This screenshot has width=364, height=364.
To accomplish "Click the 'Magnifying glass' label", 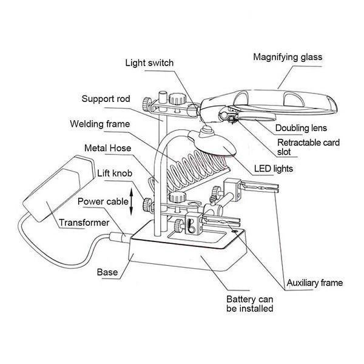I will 287,58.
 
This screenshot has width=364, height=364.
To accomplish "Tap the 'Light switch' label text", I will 150,62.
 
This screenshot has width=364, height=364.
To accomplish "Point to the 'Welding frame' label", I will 100,124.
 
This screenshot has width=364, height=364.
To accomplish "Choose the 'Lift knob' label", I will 113,174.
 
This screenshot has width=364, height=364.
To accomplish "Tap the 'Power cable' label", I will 103,201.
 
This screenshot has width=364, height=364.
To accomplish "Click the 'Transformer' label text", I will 84,223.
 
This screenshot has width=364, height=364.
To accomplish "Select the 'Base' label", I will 107,272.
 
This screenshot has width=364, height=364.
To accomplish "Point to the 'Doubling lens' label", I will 301,128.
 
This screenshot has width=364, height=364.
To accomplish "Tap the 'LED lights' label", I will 292,168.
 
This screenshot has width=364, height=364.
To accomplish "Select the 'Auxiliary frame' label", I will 314,283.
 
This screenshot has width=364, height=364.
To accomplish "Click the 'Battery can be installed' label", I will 249,304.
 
